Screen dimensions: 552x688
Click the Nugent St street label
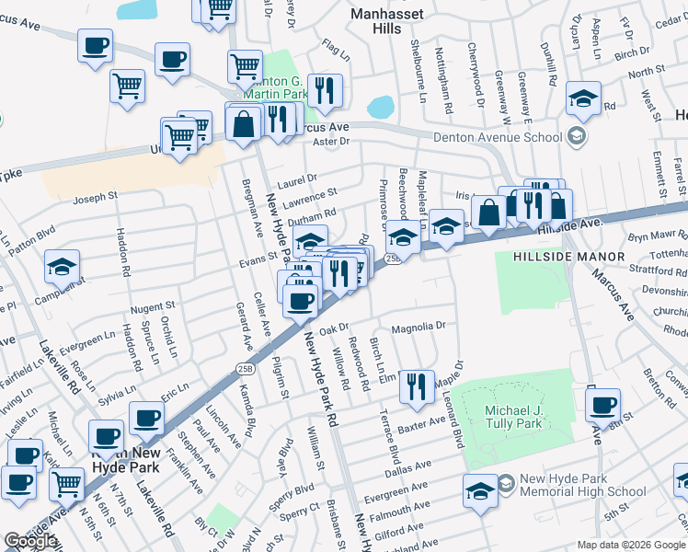click(152, 305)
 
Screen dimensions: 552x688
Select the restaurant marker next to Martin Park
click(325, 89)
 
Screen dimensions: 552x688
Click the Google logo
click(30, 542)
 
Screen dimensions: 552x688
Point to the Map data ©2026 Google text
click(630, 545)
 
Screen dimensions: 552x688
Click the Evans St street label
click(259, 258)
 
